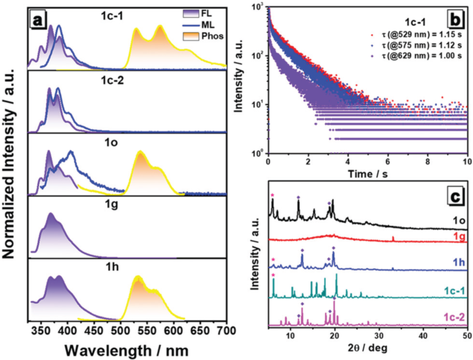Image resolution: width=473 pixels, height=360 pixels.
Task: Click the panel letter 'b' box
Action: [459, 13]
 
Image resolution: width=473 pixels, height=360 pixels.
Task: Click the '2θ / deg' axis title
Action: [364, 349]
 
